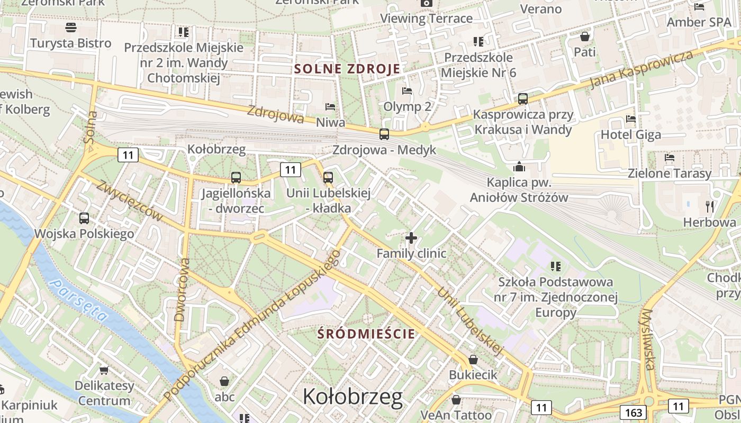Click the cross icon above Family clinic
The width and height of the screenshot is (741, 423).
411,238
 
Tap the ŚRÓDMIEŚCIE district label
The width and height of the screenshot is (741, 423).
367,334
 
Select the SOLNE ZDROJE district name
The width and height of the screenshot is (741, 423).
347,69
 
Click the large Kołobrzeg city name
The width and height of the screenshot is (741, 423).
353,397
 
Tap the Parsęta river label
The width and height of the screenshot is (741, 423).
79,300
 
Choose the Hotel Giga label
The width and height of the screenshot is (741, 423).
630,135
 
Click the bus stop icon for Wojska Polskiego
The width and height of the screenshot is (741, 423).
84,218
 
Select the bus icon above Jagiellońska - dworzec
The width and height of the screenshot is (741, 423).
236,178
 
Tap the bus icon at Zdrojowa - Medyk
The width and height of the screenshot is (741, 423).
384,134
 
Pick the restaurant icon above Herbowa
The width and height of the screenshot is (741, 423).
710,206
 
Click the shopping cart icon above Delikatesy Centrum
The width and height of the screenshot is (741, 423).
104,370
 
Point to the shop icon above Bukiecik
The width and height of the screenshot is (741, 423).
473,360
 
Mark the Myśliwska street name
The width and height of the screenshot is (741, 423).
648,339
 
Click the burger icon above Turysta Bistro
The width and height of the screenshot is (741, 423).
71,27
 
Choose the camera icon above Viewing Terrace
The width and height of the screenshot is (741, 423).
426,3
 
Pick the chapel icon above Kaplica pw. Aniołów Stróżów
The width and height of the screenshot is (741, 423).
519,167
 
